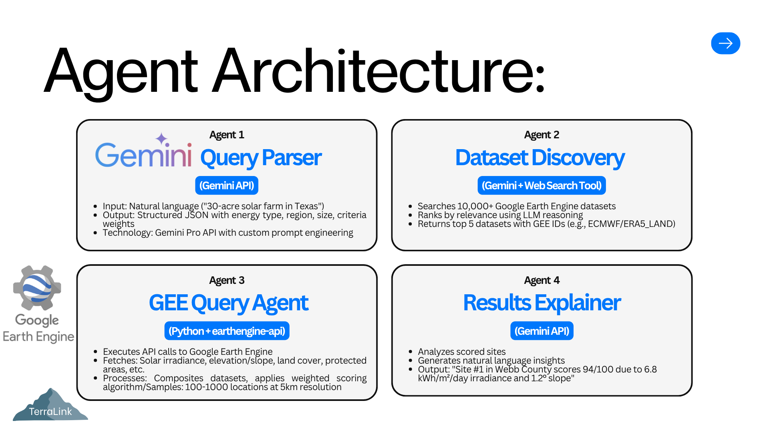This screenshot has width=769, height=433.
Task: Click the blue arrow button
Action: pos(725,43)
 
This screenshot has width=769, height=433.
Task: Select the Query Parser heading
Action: pos(261,158)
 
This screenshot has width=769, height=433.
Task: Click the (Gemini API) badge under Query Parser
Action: pos(227,186)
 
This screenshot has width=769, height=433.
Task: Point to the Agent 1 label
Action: pos(227,135)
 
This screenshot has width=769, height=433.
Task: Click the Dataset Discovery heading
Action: pos(540,158)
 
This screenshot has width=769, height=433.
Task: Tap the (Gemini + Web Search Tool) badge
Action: pos(542,186)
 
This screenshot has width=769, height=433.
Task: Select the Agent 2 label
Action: pos(542,135)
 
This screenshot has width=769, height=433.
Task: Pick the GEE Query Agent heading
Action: pos(229,303)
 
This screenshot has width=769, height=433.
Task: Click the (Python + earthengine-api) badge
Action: pos(227,331)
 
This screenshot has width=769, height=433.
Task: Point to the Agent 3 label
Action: pos(227,280)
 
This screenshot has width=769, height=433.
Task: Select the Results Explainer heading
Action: pos(542,303)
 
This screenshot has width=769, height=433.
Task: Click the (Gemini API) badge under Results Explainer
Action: pos(542,331)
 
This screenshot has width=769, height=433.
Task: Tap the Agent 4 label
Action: pos(542,280)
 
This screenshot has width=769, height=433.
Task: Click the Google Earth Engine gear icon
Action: pos(37,288)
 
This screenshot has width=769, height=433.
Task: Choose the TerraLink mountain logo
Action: pos(50,405)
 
